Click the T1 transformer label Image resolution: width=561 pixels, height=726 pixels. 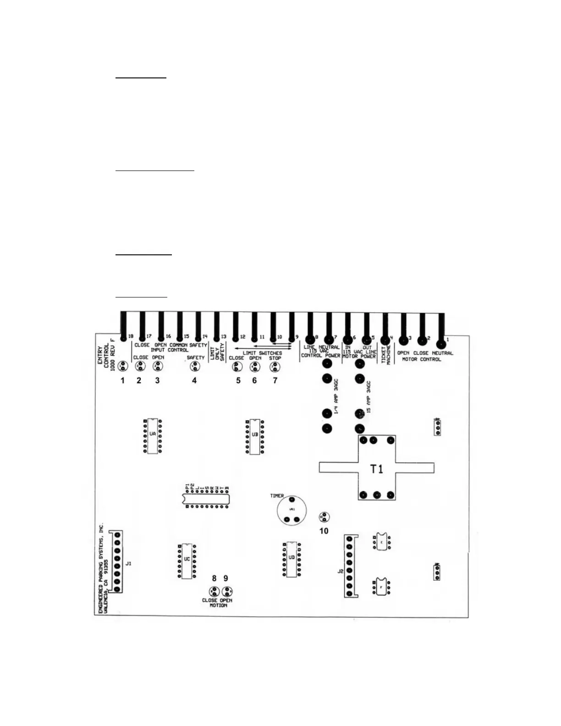[376, 469]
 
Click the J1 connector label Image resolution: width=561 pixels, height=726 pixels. [128, 563]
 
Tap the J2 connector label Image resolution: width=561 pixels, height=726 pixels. [340, 571]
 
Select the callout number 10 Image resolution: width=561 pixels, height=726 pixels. [324, 531]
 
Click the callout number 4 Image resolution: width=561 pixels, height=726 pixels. [194, 380]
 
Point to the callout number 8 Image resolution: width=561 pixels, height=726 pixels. [214, 579]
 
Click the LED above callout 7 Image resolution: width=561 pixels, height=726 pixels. [275, 367]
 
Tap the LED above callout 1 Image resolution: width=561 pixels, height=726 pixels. [122, 366]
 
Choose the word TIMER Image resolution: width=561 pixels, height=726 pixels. [277, 495]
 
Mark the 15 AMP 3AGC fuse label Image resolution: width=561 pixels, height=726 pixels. [368, 398]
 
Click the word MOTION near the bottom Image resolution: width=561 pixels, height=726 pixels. [218, 605]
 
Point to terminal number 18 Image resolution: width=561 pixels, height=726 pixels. [131, 336]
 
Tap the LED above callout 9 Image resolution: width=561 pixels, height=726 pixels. [226, 591]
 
